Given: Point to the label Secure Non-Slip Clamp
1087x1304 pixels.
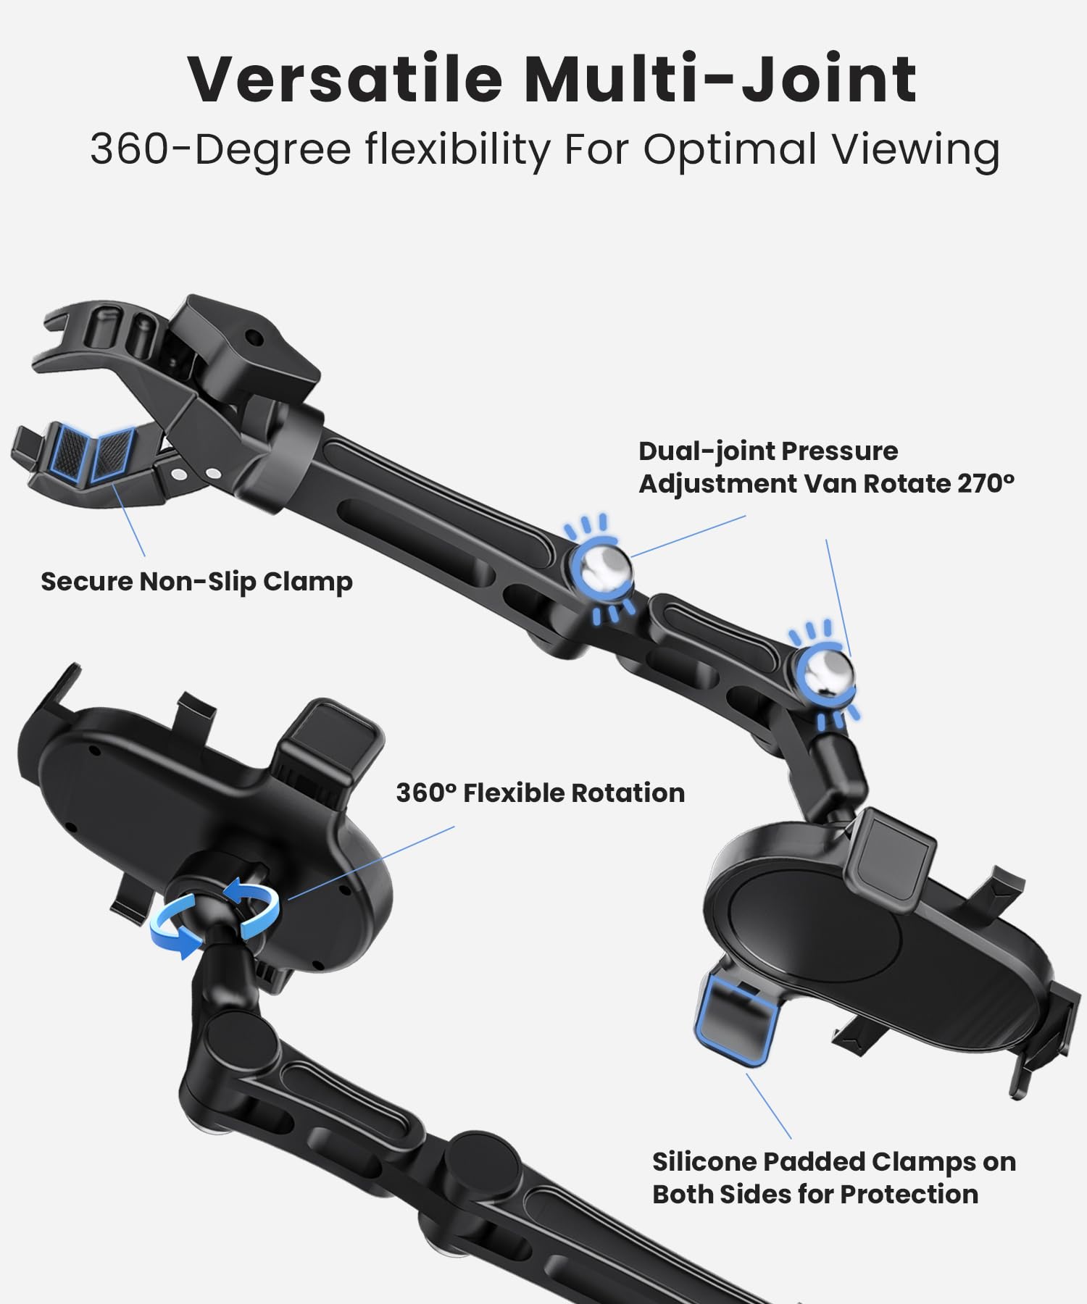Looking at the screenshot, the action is [196, 581].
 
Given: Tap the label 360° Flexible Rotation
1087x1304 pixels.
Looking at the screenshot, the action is [540, 793].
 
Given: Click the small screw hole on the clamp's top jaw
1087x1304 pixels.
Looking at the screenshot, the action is [253, 338].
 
